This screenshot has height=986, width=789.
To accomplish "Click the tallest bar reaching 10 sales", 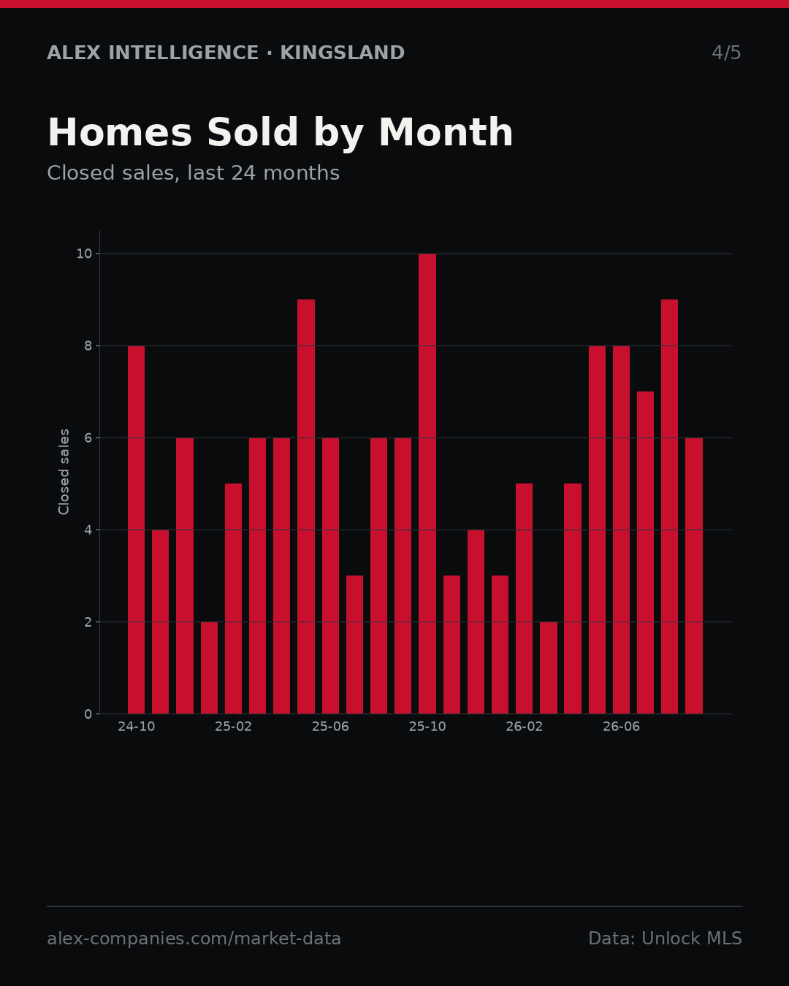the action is (427, 484).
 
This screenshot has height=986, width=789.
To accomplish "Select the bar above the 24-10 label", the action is (136, 530).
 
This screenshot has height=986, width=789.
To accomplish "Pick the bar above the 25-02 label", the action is (233, 598).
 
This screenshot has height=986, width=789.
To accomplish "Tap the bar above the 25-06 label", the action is (330, 576).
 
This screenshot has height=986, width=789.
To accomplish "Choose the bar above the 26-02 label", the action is (524, 598).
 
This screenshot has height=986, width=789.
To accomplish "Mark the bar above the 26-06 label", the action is (621, 530).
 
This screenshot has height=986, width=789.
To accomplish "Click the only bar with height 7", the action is (646, 553).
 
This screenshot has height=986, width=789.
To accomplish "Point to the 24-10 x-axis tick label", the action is (136, 727).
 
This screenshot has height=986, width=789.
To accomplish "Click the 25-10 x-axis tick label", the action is (427, 727).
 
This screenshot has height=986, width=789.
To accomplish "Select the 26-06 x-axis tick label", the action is (621, 727).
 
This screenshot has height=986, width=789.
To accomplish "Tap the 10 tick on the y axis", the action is (84, 254).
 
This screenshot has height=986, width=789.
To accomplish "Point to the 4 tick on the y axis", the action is (88, 530).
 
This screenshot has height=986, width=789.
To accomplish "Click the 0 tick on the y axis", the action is (88, 714).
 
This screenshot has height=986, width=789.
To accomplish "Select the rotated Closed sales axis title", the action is (64, 472).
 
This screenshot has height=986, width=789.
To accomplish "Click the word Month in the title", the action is (446, 132).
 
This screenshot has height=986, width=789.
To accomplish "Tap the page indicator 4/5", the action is (726, 53).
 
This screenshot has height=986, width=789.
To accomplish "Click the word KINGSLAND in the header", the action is (342, 53).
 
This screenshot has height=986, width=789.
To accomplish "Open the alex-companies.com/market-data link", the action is (194, 939).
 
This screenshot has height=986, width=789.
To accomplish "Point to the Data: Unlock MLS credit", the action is (665, 939).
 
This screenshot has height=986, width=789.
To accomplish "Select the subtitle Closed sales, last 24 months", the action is (193, 173).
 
